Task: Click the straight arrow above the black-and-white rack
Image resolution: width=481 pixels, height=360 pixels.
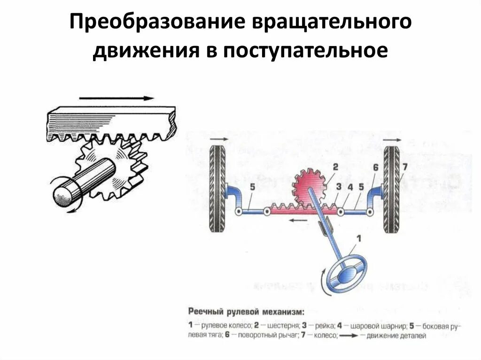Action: (x=116, y=99)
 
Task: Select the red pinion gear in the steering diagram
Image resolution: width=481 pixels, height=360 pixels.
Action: (x=309, y=189)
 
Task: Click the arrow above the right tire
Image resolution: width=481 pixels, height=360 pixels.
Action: (x=392, y=139)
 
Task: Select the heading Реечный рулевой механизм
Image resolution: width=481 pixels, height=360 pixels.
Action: (x=246, y=311)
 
